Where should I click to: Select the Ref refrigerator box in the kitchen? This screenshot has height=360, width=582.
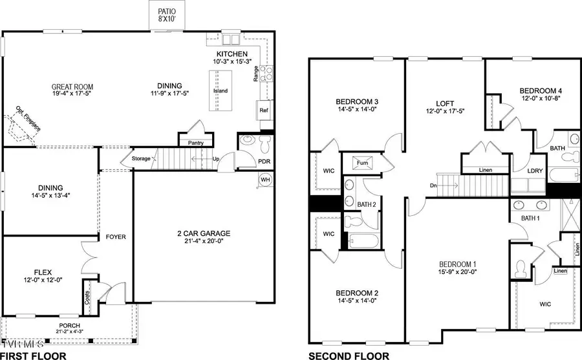coord(263,111)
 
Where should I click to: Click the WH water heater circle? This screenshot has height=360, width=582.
coord(265,179)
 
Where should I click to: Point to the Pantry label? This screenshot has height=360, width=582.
coord(196,143)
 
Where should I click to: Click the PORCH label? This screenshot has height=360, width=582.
coord(69,325)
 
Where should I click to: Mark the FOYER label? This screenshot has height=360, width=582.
coord(116,237)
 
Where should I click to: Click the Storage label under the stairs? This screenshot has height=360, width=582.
coord(141,158)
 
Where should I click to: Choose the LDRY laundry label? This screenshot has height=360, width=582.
coord(535,171)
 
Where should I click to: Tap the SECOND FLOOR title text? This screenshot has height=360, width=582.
coord(349,355)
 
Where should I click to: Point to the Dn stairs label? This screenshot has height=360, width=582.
coord(433,185)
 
